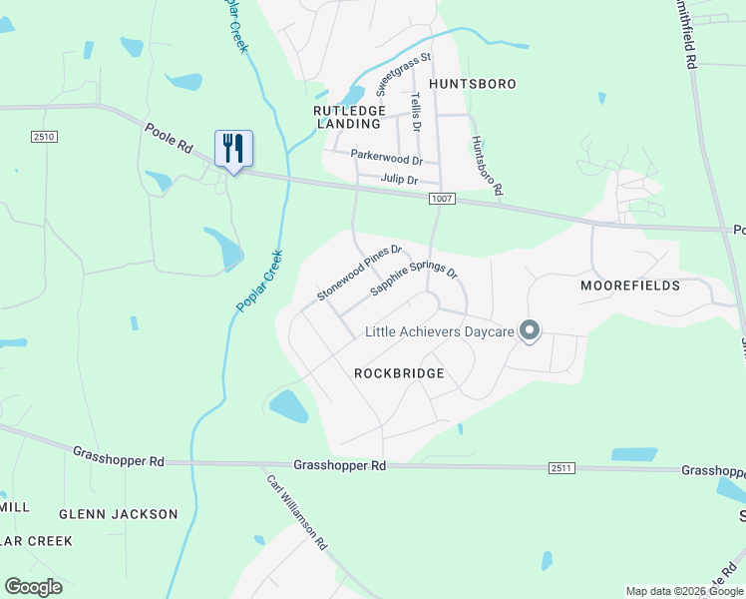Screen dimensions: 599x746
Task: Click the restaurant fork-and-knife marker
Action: [x=233, y=149]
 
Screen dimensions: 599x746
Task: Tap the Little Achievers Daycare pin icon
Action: [x=530, y=330]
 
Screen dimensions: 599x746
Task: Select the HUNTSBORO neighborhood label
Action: [x=473, y=84]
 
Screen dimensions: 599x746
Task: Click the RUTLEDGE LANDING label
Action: [x=348, y=117]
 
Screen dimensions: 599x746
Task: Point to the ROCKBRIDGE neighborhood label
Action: [x=399, y=373]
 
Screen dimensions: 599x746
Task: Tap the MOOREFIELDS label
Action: [x=630, y=286]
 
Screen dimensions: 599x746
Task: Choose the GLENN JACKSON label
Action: [x=118, y=514]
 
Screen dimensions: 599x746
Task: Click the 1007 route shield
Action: [x=444, y=200]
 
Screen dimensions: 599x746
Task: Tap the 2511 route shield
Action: [x=561, y=468]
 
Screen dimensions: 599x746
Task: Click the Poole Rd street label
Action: [x=168, y=139]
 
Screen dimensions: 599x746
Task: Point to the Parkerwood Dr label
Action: [x=387, y=158]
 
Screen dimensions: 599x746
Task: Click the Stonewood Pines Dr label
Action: [x=359, y=273]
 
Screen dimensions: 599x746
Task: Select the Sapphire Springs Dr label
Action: [x=414, y=280]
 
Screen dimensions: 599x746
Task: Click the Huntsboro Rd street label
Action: [x=488, y=166]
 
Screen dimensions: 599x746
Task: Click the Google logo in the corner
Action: [x=34, y=587]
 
